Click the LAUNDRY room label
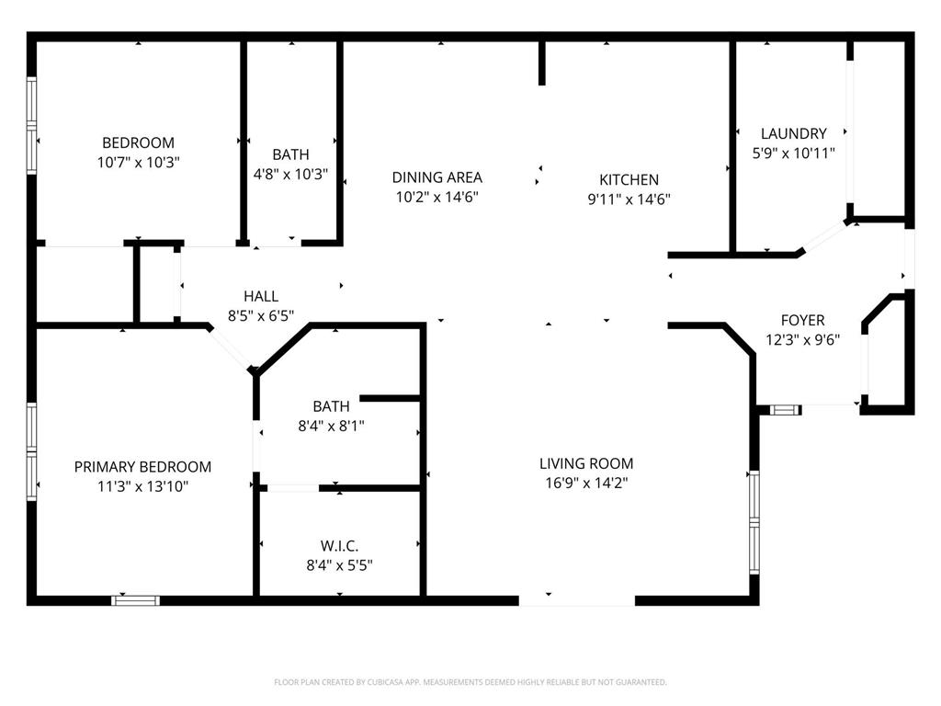[793, 133]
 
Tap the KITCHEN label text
[629, 180]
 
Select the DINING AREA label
[436, 177]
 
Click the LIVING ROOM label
[585, 463]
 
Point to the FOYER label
[802, 320]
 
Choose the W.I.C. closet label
[339, 546]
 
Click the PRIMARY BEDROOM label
[142, 467]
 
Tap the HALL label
[260, 296]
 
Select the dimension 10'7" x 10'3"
[138, 162]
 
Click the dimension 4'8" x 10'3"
[290, 174]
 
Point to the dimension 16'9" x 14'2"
[585, 483]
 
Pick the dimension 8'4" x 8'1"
[331, 426]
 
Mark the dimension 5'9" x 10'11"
[793, 154]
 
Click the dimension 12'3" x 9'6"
[802, 339]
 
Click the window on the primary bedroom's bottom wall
[135, 600]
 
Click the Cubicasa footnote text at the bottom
[470, 682]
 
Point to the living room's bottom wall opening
[576, 601]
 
